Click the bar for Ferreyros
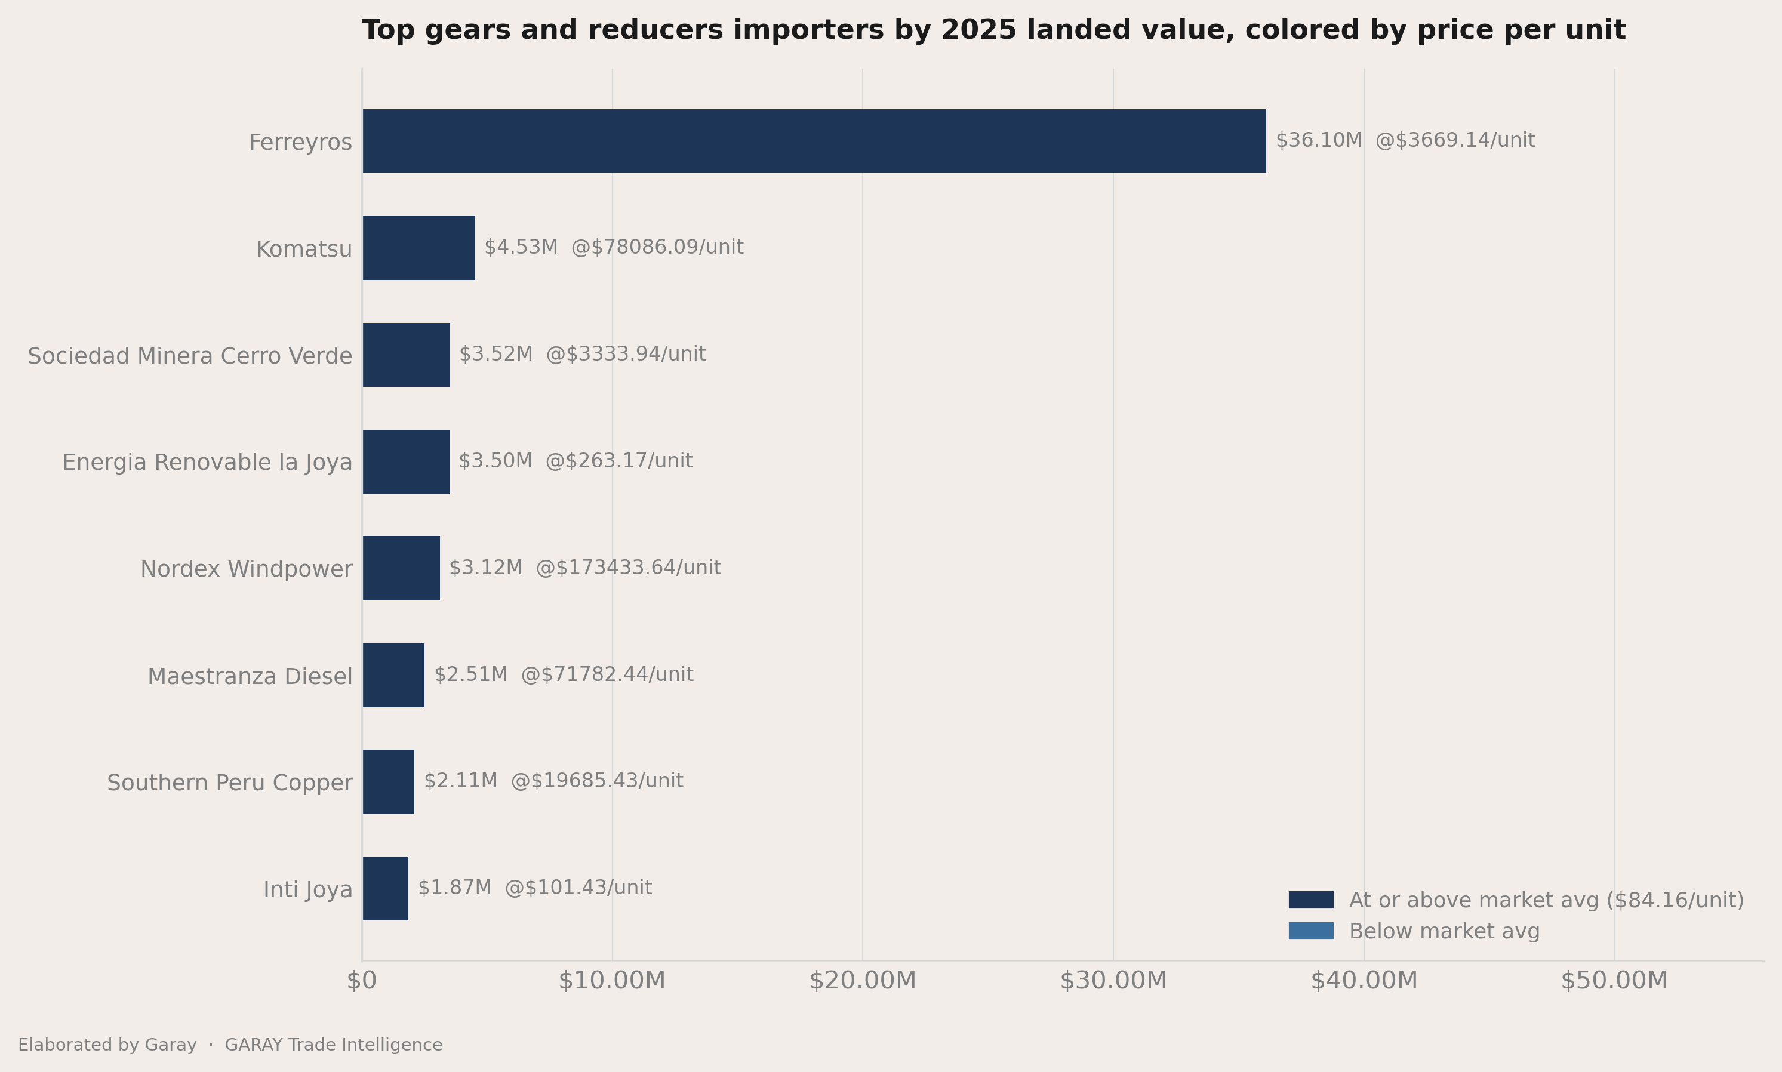point(814,141)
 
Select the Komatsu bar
point(419,248)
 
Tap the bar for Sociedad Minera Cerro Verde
point(406,355)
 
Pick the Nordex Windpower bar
point(401,568)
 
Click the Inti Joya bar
point(385,889)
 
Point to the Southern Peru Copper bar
point(389,781)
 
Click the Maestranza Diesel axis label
point(250,676)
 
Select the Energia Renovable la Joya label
point(207,463)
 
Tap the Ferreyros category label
point(300,142)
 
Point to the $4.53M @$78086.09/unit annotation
point(614,247)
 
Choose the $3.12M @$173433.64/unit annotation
point(585,568)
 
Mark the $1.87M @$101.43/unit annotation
point(534,887)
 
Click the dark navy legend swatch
point(1311,900)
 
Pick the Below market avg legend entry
point(1414,931)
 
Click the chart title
point(994,30)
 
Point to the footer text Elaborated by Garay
point(107,1045)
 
